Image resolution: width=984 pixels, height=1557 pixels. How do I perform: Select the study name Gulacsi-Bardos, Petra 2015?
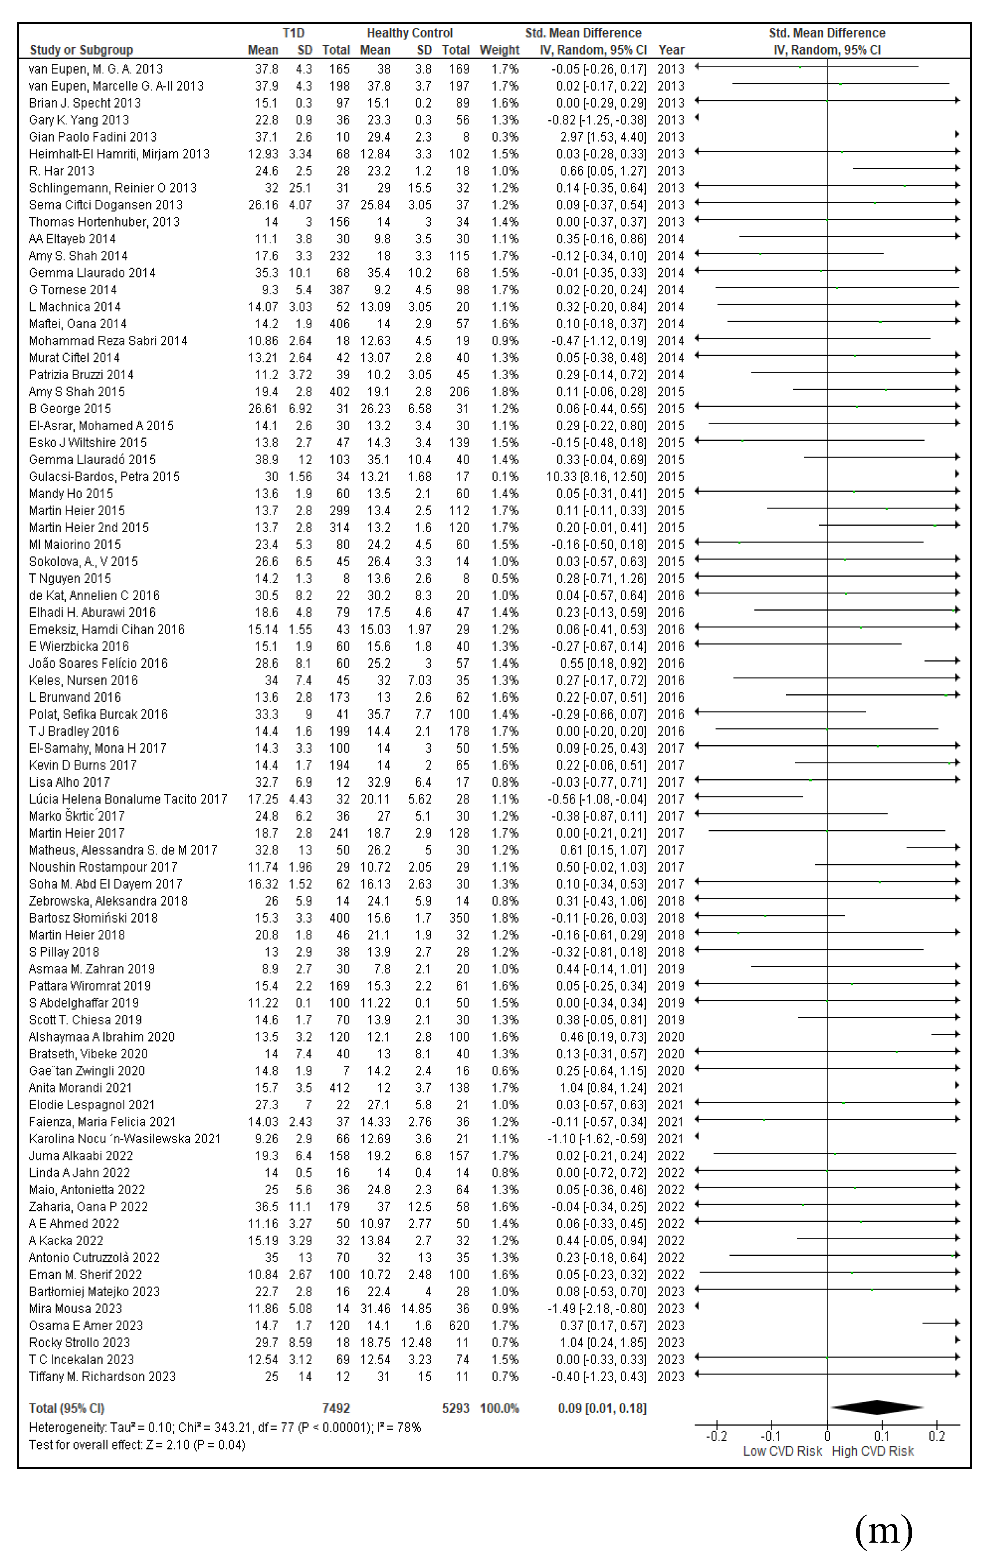pos(104,476)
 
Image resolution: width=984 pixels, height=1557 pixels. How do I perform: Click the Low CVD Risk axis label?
pos(782,1451)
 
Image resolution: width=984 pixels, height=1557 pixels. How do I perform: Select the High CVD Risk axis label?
pos(872,1451)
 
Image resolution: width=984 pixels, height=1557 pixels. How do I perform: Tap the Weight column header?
pos(499,50)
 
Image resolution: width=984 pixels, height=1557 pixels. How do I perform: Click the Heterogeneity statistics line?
pos(224,1427)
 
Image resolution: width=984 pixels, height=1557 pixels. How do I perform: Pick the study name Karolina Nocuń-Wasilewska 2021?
pos(124,1139)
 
